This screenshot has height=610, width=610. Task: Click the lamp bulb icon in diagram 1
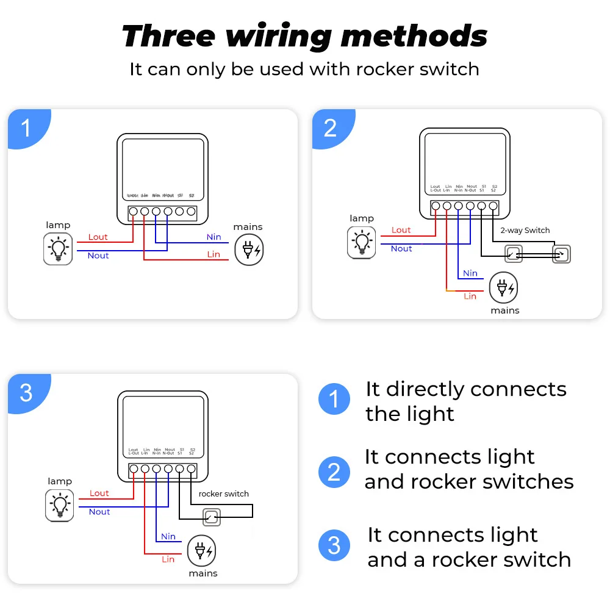pyautogui.click(x=58, y=249)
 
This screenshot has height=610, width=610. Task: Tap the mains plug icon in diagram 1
pyautogui.click(x=250, y=249)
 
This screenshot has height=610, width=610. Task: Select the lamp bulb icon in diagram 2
pyautogui.click(x=362, y=242)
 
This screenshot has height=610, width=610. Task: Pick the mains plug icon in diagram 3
pyautogui.click(x=201, y=551)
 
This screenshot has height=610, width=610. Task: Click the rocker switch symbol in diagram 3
pyautogui.click(x=211, y=518)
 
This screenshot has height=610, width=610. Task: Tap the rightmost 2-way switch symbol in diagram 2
pyautogui.click(x=561, y=254)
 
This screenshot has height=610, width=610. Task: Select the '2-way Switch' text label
pyautogui.click(x=525, y=231)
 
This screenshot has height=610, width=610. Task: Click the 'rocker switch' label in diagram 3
pyautogui.click(x=223, y=493)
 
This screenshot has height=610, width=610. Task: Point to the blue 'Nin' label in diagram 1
pyautogui.click(x=213, y=237)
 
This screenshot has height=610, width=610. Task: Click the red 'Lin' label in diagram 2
pyautogui.click(x=470, y=296)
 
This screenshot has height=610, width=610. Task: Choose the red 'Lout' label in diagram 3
pyautogui.click(x=99, y=493)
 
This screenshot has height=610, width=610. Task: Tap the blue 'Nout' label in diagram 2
pyautogui.click(x=401, y=248)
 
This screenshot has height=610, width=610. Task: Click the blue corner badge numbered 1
pyautogui.click(x=26, y=128)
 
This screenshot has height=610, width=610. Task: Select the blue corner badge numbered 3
pyautogui.click(x=26, y=392)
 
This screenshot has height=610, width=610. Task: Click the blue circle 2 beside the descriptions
pyautogui.click(x=334, y=472)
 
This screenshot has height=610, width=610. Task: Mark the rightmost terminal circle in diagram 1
pyautogui.click(x=191, y=212)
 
